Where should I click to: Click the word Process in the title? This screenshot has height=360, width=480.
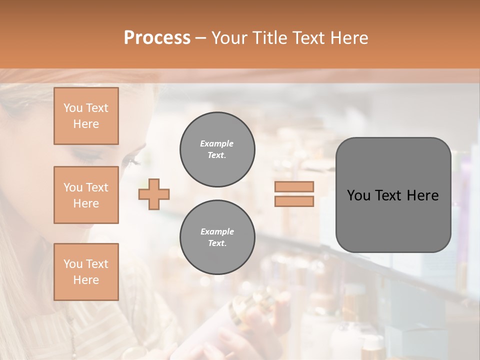157,38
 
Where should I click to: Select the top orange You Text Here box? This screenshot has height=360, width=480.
86,116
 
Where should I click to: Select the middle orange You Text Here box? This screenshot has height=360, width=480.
86,195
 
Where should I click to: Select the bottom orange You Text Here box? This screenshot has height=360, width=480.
86,272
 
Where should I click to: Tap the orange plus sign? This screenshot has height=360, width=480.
154,193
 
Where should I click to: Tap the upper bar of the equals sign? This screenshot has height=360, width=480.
294,186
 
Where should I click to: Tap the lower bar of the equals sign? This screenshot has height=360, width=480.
294,201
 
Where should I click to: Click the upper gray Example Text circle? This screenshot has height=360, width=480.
217,149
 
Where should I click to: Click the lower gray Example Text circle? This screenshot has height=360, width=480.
217,237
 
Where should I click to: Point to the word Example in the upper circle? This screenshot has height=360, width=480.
217,143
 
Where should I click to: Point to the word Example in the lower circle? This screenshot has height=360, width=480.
217,231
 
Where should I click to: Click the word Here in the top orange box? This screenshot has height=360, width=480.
86,124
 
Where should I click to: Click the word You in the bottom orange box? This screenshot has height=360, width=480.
73,264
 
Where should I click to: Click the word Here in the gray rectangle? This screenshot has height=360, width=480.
422,195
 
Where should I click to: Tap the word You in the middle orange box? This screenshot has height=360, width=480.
73,187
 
